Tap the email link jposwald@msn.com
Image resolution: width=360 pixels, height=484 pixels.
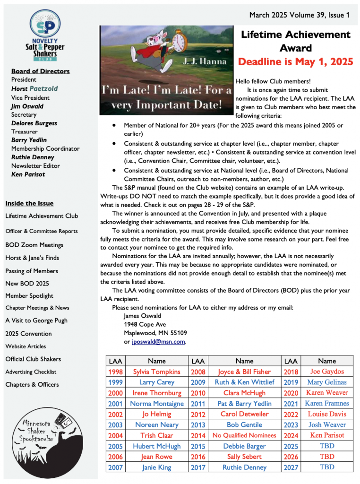pyautogui.click(x=159, y=341)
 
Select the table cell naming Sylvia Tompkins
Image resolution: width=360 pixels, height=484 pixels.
pyautogui.click(x=156, y=372)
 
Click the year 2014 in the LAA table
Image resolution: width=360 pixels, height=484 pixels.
pyautogui.click(x=197, y=435)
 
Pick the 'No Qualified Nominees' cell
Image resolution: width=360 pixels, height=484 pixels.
pyautogui.click(x=244, y=435)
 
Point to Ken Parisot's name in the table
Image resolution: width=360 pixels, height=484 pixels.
pyautogui.click(x=327, y=435)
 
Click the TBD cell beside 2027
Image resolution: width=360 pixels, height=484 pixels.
pyautogui.click(x=327, y=467)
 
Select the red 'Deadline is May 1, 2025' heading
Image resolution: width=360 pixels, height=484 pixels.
pyautogui.click(x=296, y=62)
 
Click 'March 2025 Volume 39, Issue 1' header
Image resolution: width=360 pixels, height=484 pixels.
pyautogui.click(x=300, y=15)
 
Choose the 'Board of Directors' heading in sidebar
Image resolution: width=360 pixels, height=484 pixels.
pyautogui.click(x=40, y=71)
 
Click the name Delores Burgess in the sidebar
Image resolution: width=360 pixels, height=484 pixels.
pyautogui.click(x=34, y=123)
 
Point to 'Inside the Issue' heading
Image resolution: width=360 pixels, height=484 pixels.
pyautogui.click(x=29, y=203)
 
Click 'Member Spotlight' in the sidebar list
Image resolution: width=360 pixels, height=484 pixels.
pyautogui.click(x=29, y=296)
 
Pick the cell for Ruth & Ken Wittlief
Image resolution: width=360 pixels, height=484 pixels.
pyautogui.click(x=244, y=382)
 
